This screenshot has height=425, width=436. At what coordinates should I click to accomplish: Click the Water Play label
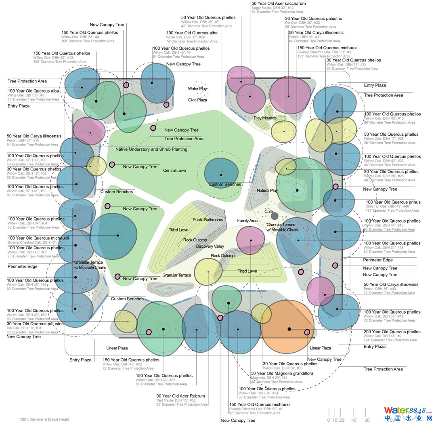pos(197,89)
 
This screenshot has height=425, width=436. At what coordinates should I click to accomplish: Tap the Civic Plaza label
pos(197,100)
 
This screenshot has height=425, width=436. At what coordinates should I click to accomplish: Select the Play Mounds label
pos(265,118)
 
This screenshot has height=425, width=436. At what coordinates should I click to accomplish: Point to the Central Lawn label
pos(175,170)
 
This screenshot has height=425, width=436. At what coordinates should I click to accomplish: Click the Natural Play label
pos(267,190)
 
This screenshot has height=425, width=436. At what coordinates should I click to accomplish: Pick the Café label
pos(268,212)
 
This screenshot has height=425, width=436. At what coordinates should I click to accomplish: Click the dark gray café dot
pos(275,216)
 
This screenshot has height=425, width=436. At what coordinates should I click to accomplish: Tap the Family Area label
pos(247,221)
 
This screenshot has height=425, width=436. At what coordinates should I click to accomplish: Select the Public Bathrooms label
pos(208,220)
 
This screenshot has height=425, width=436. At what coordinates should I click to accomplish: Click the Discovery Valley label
pos(210,246)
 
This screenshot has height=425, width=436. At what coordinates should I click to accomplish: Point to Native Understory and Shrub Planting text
pos(151,149)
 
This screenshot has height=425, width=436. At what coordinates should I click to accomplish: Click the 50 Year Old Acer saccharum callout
pos(279,4)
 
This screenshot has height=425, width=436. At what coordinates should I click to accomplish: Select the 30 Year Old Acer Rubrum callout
pos(180,396)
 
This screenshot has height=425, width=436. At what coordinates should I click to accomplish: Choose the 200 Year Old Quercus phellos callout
pos(392,332)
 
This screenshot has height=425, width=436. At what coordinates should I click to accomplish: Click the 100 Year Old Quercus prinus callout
pos(393,202)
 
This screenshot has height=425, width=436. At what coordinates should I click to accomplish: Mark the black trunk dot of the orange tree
pos(289,329)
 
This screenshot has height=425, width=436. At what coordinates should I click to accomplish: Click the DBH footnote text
pos(44,419)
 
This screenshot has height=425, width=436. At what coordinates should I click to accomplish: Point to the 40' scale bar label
pos(354,420)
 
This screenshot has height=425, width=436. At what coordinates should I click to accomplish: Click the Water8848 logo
pos(408,414)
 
